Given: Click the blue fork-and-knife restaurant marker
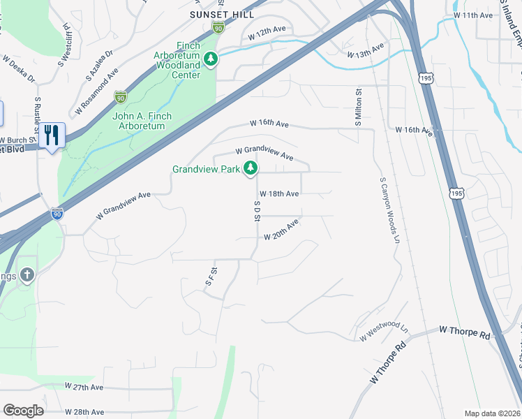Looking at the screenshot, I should (x=51, y=135).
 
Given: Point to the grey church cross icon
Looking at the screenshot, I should (x=27, y=277).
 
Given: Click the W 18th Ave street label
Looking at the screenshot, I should (x=279, y=193).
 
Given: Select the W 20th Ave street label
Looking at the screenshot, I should (x=281, y=231).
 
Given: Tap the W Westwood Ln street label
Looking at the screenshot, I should (x=384, y=331).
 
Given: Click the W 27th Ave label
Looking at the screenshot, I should (x=84, y=386).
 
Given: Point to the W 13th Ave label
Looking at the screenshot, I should (x=366, y=50).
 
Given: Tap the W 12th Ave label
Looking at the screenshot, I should (x=268, y=32).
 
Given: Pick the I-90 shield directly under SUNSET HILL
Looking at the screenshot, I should (x=218, y=27).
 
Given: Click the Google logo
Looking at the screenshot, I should (x=23, y=411).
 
